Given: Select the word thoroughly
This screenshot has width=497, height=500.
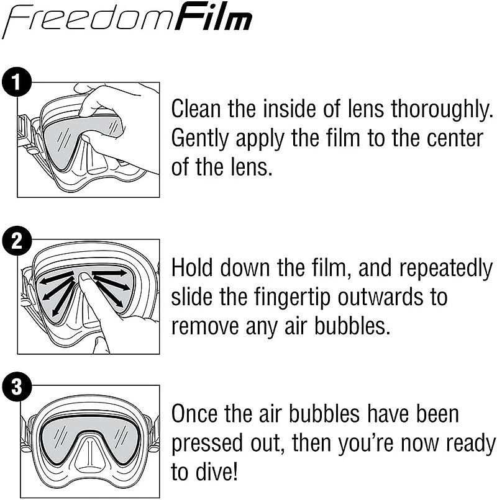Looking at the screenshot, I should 442,110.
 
